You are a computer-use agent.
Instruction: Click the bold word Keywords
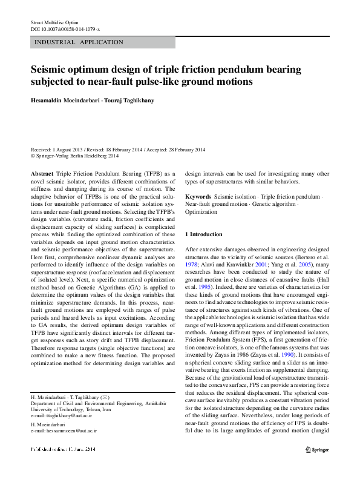(198, 197)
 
